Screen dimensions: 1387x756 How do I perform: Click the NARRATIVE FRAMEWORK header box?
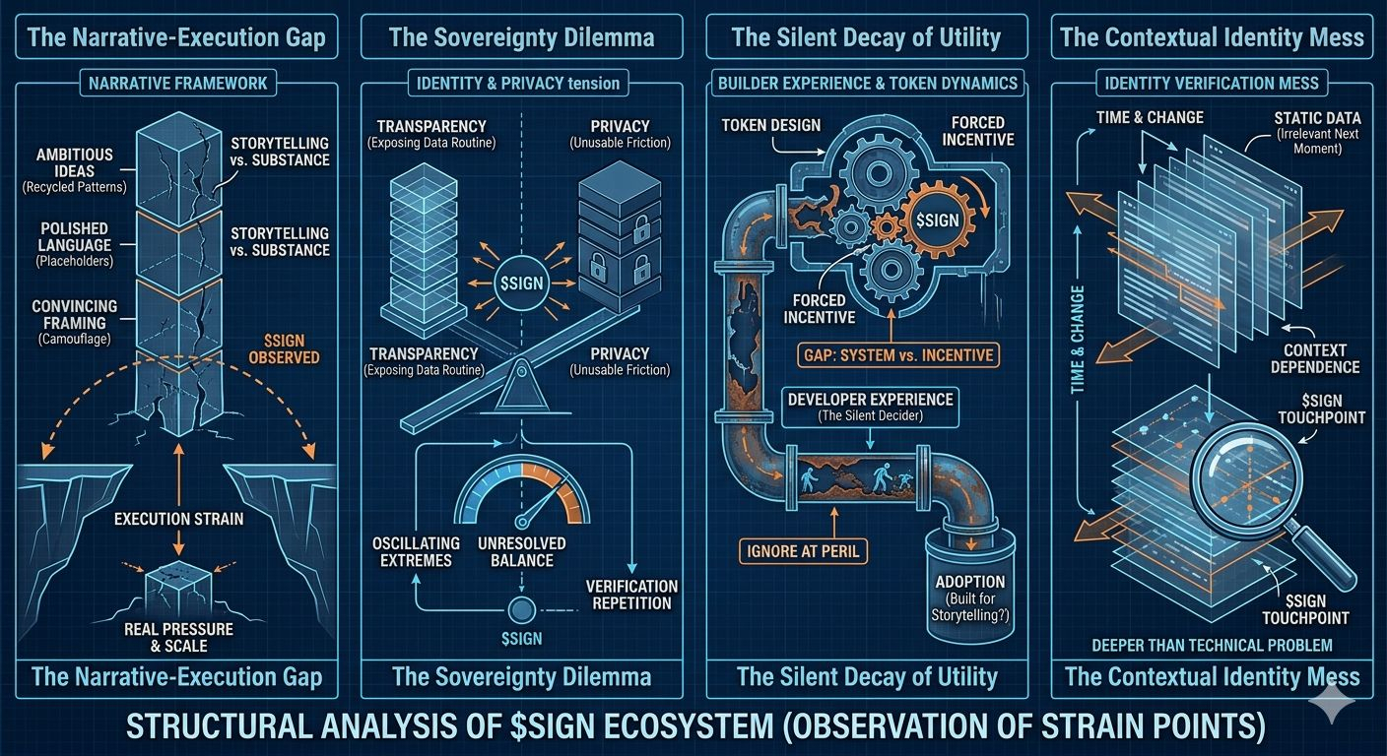point(177,83)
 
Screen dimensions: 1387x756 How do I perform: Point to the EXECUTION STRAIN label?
point(178,518)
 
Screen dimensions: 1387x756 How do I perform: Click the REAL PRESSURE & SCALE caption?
point(178,637)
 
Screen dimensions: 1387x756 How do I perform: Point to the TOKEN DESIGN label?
point(768,125)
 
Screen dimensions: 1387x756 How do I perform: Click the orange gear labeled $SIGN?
point(936,220)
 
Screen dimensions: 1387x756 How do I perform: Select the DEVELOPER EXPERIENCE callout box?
point(869,407)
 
